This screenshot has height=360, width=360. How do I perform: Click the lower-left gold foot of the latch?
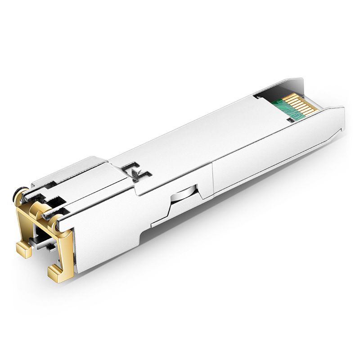[x=23, y=249]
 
